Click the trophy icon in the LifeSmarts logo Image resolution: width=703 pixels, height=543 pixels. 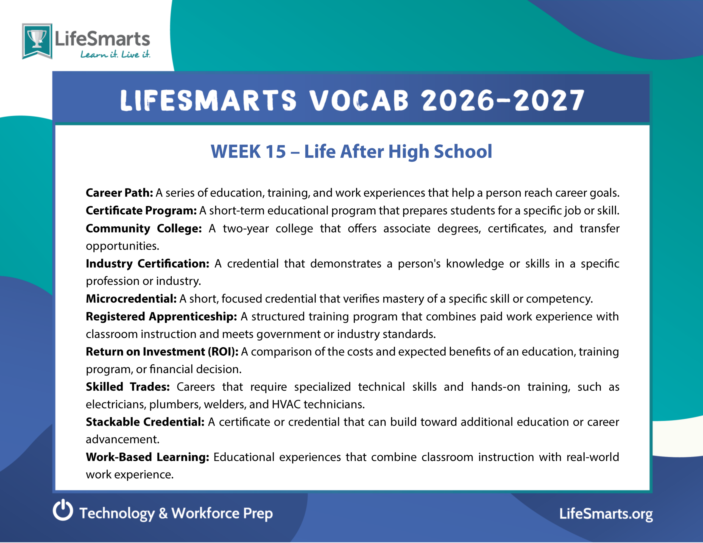click(37, 39)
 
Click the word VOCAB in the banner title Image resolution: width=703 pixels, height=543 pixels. click(359, 100)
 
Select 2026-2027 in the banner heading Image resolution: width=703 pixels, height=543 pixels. click(503, 100)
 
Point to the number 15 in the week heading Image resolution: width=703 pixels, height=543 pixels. click(275, 152)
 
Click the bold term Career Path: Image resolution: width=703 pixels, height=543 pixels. click(119, 193)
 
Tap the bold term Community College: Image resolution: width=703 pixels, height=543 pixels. click(144, 228)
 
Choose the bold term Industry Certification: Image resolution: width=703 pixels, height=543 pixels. click(148, 264)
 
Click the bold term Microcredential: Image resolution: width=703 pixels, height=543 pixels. click(131, 299)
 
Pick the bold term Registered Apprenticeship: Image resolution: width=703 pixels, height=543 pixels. click(161, 317)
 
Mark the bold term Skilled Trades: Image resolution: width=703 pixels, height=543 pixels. click(128, 387)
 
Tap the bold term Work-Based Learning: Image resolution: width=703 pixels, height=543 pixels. click(148, 457)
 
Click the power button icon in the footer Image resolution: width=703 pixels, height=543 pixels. click(63, 510)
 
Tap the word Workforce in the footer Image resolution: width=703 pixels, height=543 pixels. click(205, 513)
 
